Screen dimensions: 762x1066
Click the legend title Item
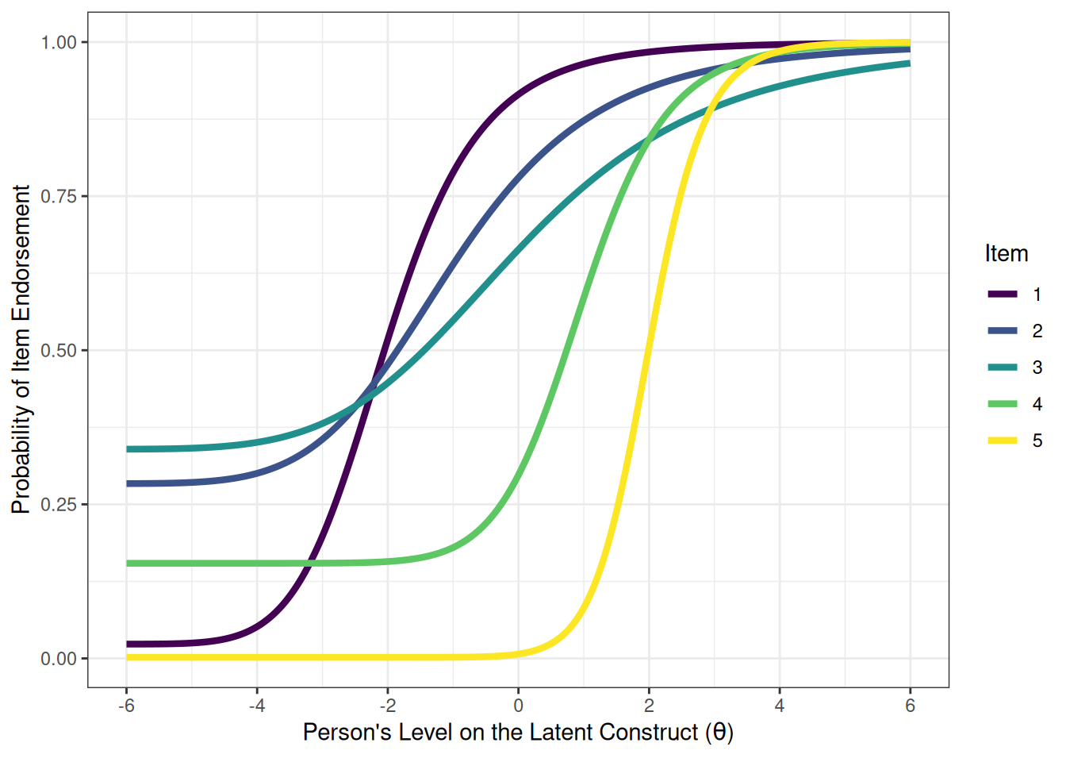pos(1006,254)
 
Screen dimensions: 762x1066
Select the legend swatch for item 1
pos(1003,294)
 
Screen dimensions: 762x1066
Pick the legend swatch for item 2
pos(1003,331)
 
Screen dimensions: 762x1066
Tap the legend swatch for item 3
pos(1003,368)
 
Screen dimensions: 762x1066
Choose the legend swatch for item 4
pos(1003,404)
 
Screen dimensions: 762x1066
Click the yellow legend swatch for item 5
pos(1003,441)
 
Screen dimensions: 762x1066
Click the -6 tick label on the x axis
pos(125,706)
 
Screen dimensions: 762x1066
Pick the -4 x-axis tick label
pos(256,706)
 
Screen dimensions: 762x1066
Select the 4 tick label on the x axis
pos(780,706)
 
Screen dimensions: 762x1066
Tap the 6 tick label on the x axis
pos(910,706)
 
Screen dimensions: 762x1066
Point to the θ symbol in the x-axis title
pos(719,732)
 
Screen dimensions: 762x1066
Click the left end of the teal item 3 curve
pos(128,449)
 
